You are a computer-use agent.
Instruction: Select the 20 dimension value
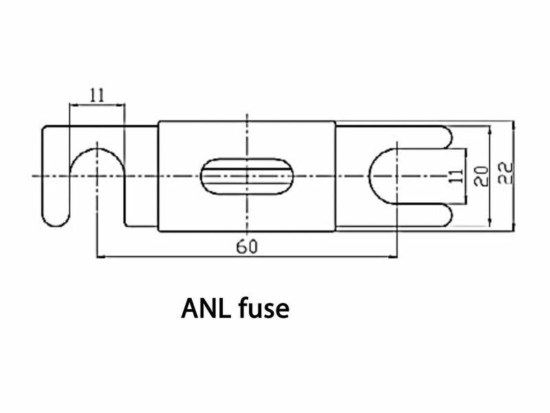[482, 175]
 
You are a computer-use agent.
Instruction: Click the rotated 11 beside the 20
[455, 175]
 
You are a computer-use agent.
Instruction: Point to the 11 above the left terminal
[97, 95]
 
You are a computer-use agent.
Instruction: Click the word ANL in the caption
[207, 309]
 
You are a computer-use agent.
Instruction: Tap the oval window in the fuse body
[246, 176]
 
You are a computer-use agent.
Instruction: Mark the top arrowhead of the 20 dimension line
[488, 129]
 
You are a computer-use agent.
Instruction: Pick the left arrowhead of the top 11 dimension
[73, 105]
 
